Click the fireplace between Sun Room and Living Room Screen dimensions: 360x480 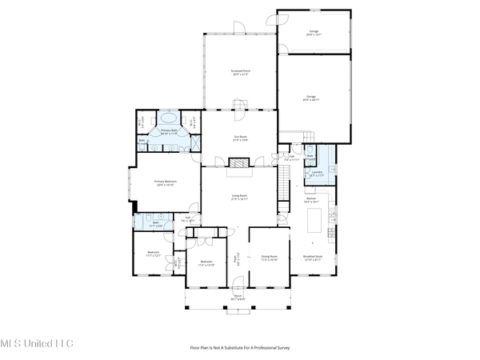point(239,162)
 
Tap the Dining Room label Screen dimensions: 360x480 point(269,258)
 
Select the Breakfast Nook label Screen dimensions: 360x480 point(314,258)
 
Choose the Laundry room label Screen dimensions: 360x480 point(318,173)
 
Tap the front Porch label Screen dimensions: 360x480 point(238,297)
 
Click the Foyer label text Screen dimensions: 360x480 point(236,258)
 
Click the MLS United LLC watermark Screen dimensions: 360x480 point(37,344)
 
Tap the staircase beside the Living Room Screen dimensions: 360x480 point(284,190)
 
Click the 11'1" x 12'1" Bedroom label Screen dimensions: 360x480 point(154,254)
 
